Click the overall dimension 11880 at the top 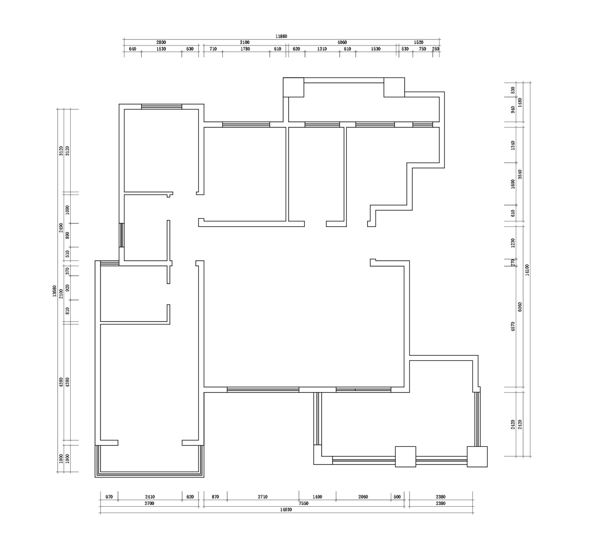point(281,36)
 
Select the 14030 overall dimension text point(286,510)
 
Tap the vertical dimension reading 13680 point(55,291)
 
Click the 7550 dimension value point(303,503)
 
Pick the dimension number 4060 point(342,43)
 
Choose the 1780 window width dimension point(245,49)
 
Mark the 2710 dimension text point(263,497)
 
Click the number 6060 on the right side point(520,307)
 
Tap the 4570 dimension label point(513,326)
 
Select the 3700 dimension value point(149,503)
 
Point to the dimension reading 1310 point(322,49)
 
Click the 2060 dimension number point(363,497)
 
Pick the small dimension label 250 point(436,49)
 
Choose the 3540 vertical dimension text point(520,174)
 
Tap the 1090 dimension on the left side point(67,210)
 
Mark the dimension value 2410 point(150,497)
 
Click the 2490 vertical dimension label point(61,228)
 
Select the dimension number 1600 point(513,184)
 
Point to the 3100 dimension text point(245,43)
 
